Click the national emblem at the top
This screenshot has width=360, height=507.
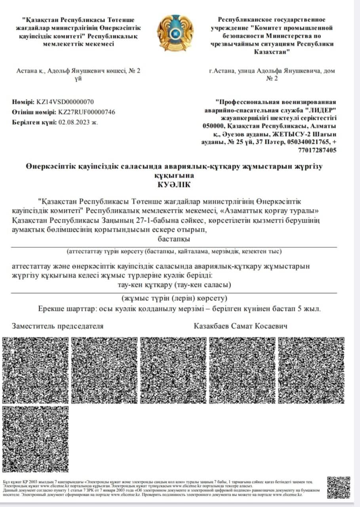point(175,33)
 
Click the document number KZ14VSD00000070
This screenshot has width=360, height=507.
point(65,102)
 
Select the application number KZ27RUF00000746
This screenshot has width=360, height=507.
point(87,112)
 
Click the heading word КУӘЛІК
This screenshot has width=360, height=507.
point(174,184)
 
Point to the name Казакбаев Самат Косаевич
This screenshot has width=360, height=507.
point(240,326)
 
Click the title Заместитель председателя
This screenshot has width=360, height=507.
point(58,326)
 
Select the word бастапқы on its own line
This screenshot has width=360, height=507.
point(174,239)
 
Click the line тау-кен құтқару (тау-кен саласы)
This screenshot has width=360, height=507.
point(174,285)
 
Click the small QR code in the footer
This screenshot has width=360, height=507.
point(339,487)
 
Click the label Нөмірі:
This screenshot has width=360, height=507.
point(23,102)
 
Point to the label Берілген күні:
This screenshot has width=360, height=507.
point(34,122)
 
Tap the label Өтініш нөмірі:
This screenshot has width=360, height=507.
point(34,112)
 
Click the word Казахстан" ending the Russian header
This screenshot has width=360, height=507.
point(272,52)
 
